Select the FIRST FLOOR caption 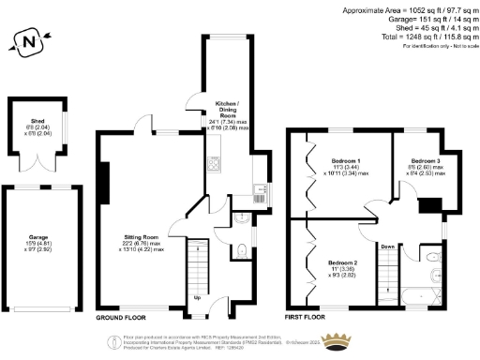click(310, 317)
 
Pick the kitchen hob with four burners click(215, 164)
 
